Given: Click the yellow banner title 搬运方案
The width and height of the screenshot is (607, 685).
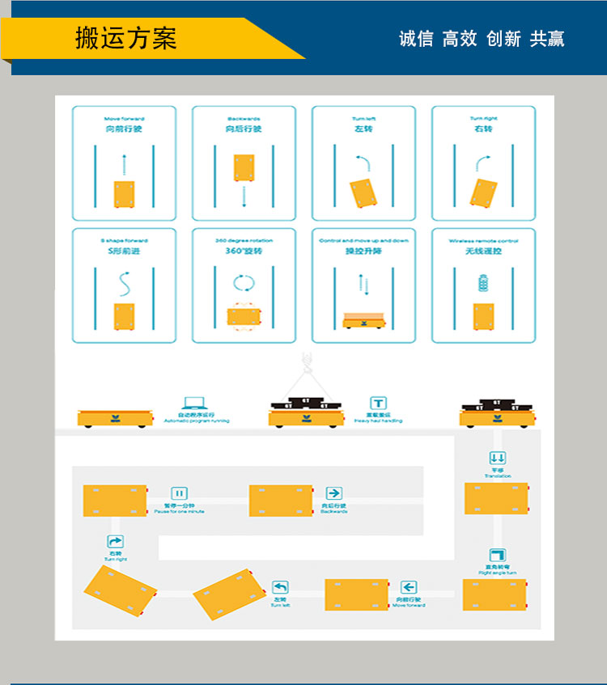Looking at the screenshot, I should (x=125, y=38).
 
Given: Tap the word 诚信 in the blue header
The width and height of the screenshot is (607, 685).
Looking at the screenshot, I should (x=416, y=39).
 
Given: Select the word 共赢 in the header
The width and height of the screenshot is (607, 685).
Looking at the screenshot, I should (x=547, y=39).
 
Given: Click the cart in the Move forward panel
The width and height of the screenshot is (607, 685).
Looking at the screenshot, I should (x=124, y=194).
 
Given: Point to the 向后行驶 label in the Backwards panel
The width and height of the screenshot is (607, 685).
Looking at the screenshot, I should (x=244, y=129).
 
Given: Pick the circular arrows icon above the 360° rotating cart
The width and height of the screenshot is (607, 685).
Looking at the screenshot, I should (x=244, y=284).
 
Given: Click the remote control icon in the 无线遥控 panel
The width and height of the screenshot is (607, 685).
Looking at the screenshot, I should (x=484, y=284).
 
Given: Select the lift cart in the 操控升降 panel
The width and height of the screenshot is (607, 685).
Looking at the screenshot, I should (x=363, y=320).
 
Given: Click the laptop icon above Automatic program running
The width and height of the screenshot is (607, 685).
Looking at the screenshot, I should (x=195, y=404).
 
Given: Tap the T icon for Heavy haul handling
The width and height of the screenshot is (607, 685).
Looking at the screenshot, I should (x=378, y=404).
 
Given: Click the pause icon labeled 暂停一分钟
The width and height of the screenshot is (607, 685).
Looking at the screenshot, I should (x=179, y=493).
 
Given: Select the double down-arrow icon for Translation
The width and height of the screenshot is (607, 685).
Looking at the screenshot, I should (x=498, y=458).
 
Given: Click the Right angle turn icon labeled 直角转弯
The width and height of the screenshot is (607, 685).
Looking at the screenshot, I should (x=497, y=556).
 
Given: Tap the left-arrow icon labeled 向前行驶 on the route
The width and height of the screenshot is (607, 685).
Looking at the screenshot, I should (x=409, y=588).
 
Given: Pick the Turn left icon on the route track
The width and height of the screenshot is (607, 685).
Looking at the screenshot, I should (x=280, y=588).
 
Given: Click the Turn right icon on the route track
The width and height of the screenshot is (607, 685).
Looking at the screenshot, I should (x=116, y=542).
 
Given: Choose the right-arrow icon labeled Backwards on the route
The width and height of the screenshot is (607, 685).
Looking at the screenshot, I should (x=333, y=493).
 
